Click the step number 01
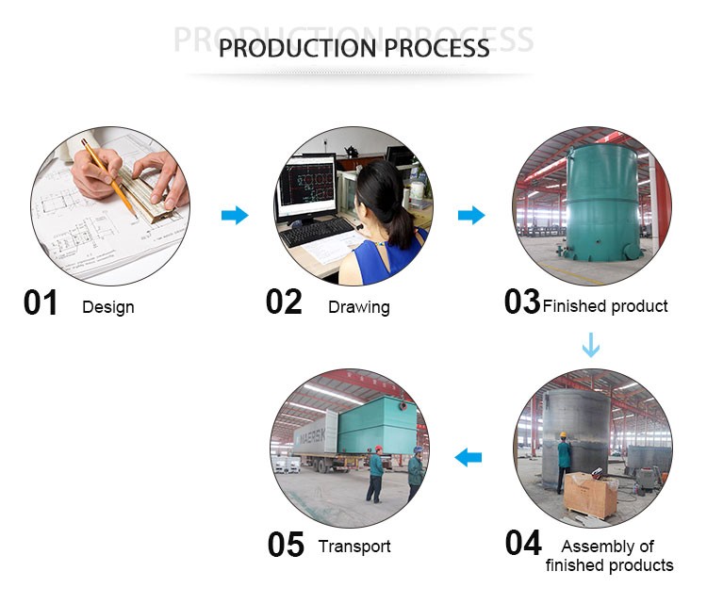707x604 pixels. click(41, 302)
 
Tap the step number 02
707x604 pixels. click(284, 302)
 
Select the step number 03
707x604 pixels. click(522, 302)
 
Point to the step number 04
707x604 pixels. click(523, 544)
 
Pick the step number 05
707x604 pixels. click(286, 545)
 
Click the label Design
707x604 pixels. click(108, 307)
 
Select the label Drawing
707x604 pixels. click(359, 307)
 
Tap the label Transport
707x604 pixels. click(354, 547)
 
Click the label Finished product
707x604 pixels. click(605, 306)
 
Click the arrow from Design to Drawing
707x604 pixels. click(235, 215)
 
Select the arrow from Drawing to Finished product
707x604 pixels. click(471, 215)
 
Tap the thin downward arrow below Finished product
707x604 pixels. click(591, 345)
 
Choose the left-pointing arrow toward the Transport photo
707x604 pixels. click(468, 458)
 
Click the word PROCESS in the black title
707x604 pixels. click(436, 48)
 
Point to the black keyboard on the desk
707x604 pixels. click(317, 232)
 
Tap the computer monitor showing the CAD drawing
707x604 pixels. click(307, 186)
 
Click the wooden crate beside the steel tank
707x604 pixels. click(590, 495)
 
